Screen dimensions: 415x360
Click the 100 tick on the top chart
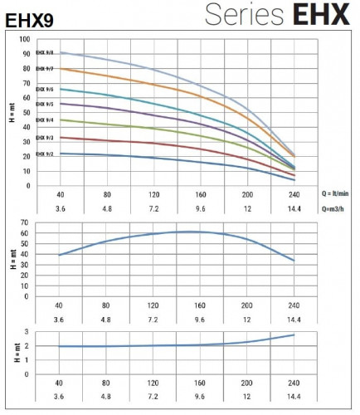coord(27,39)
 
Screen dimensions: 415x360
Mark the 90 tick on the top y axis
coord(28,54)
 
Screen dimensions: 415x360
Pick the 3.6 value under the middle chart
coord(60,319)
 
